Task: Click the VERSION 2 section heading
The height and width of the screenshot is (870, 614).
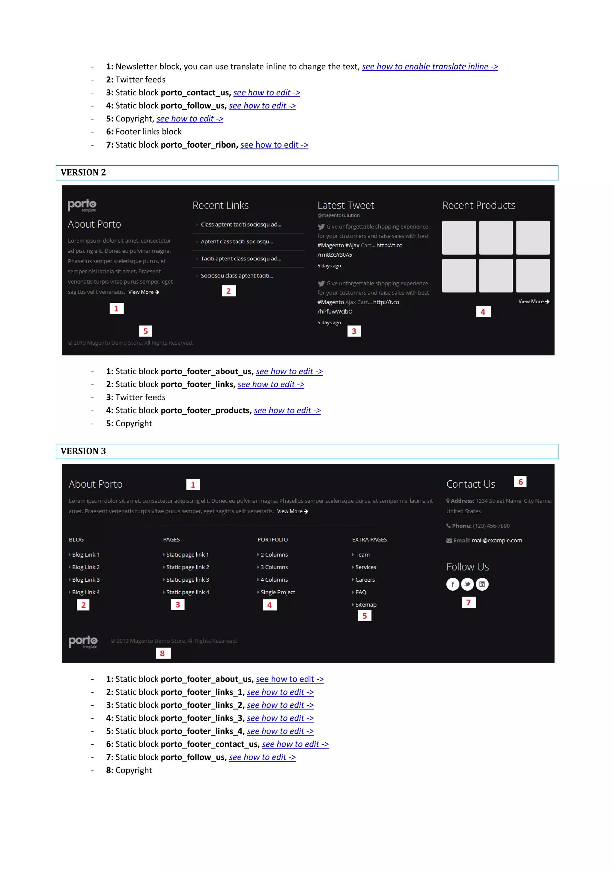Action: (83, 173)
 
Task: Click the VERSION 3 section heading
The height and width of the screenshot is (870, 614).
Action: (83, 451)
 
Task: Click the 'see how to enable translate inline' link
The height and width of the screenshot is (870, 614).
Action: (430, 67)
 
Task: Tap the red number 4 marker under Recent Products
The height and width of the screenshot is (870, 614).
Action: (483, 312)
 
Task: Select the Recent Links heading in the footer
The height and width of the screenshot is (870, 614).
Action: (220, 205)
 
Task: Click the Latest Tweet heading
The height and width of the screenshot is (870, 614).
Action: (345, 205)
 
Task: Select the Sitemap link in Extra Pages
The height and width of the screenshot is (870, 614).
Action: (365, 605)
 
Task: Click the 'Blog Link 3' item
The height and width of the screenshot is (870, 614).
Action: (86, 580)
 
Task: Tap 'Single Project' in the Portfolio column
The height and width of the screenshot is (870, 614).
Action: (278, 592)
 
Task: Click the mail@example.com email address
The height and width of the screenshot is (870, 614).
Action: (496, 540)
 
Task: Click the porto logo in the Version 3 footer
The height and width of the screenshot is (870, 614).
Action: (83, 641)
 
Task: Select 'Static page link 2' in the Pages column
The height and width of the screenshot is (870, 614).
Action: (187, 567)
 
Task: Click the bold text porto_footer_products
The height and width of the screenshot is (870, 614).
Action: (206, 411)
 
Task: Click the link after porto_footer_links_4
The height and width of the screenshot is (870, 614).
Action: (280, 731)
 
